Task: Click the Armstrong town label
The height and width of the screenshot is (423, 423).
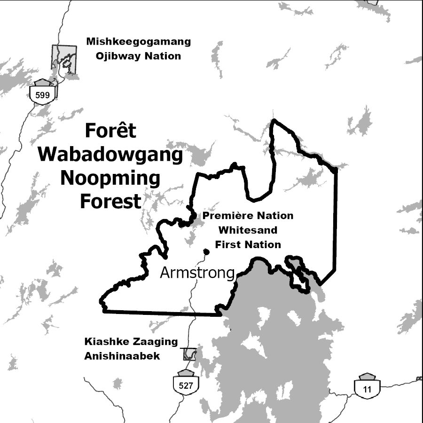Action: [197, 272]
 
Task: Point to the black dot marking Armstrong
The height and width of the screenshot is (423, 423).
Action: [206, 251]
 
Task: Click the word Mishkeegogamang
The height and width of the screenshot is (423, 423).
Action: [138, 42]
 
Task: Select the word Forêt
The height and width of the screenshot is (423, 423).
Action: [110, 131]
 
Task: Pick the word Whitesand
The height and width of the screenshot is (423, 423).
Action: [248, 230]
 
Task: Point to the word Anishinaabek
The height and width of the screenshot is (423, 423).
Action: [122, 356]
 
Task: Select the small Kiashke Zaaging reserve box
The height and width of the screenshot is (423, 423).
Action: [189, 354]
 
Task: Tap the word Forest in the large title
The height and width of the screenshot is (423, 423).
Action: [110, 201]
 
